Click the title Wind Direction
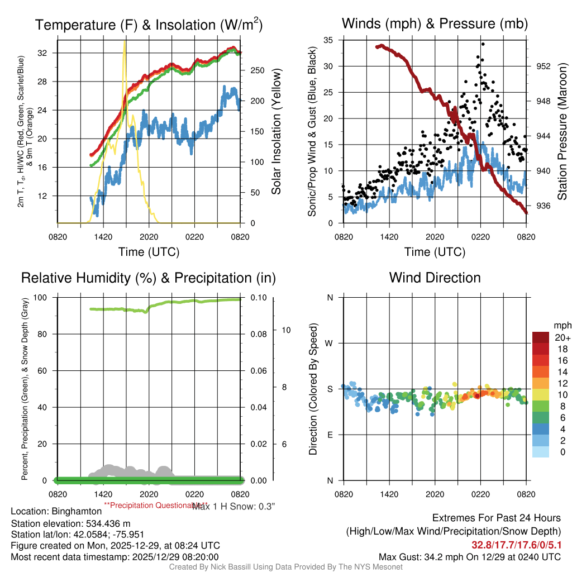pos(435,278)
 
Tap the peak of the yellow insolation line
pos(125,41)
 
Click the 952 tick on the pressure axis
pos(543,66)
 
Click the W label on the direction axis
pos(330,343)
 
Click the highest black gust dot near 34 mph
pos(482,44)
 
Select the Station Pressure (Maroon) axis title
pos(563,132)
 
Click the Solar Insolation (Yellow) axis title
pos(276,132)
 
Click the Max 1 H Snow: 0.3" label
pos(233,506)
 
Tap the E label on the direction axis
pos(330,435)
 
